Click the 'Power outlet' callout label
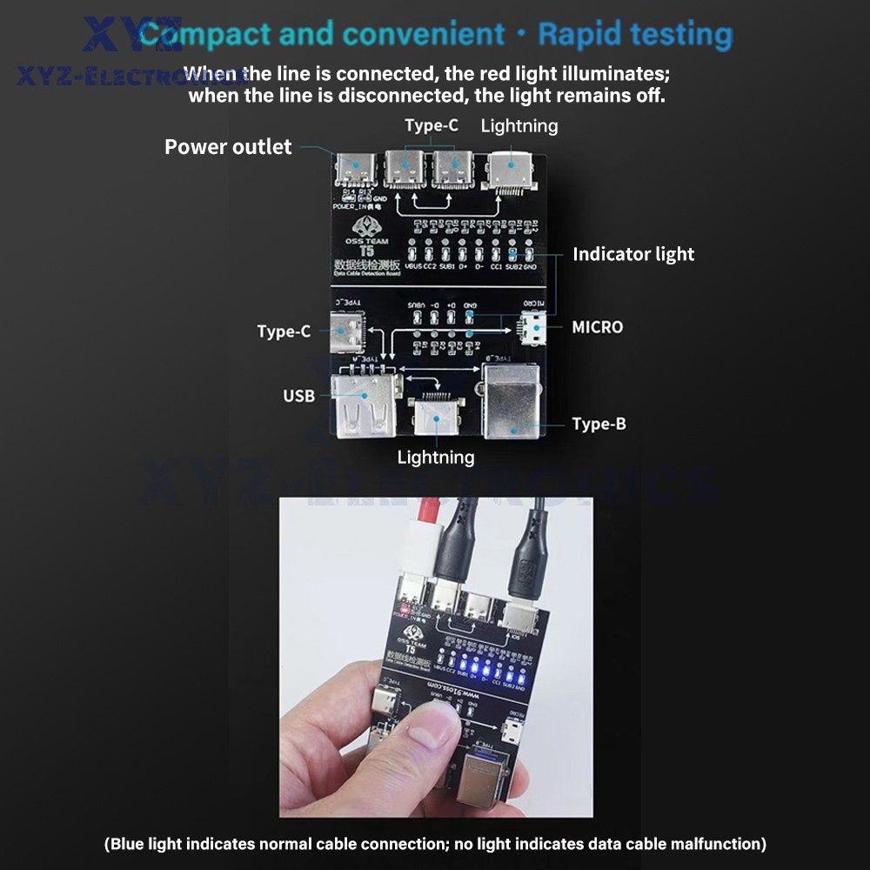click(x=228, y=147)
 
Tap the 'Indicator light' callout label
click(x=633, y=254)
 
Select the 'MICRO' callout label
click(x=597, y=327)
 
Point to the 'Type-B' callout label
click(x=599, y=424)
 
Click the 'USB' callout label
click(x=298, y=396)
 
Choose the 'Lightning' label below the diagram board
click(x=436, y=457)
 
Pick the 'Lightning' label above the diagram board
click(x=519, y=125)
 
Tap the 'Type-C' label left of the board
click(x=284, y=331)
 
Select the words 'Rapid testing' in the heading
click(x=635, y=35)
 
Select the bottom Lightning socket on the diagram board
click(x=435, y=416)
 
